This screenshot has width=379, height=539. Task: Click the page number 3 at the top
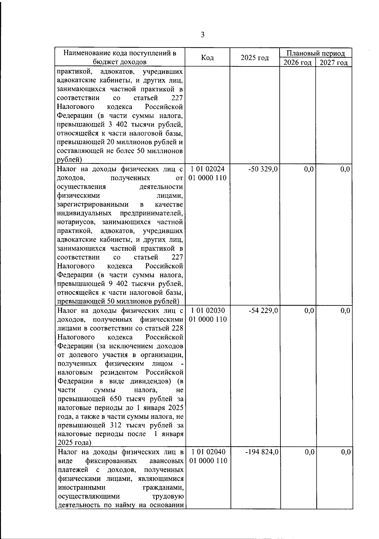(202, 35)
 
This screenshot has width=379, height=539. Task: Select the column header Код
(207, 58)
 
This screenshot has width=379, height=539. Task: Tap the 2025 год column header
(255, 58)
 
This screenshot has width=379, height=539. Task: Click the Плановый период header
(315, 53)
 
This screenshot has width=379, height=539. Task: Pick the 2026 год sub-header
(298, 62)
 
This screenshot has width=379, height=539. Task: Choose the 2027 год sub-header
(334, 62)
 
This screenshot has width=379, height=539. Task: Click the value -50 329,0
(263, 169)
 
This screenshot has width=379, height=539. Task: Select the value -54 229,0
(263, 311)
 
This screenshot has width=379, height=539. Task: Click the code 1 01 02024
(208, 169)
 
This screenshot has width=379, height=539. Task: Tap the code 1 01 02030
(208, 311)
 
